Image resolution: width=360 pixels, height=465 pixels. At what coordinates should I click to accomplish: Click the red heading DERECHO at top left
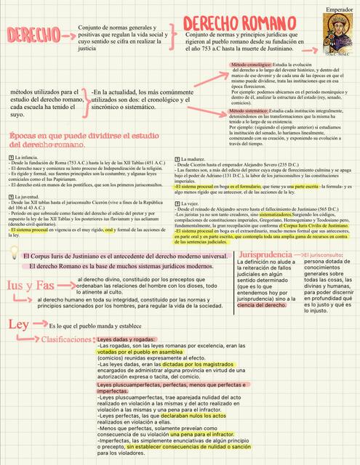pos(33,34)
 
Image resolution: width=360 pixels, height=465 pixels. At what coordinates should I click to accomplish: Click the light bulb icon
pos(14,255)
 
